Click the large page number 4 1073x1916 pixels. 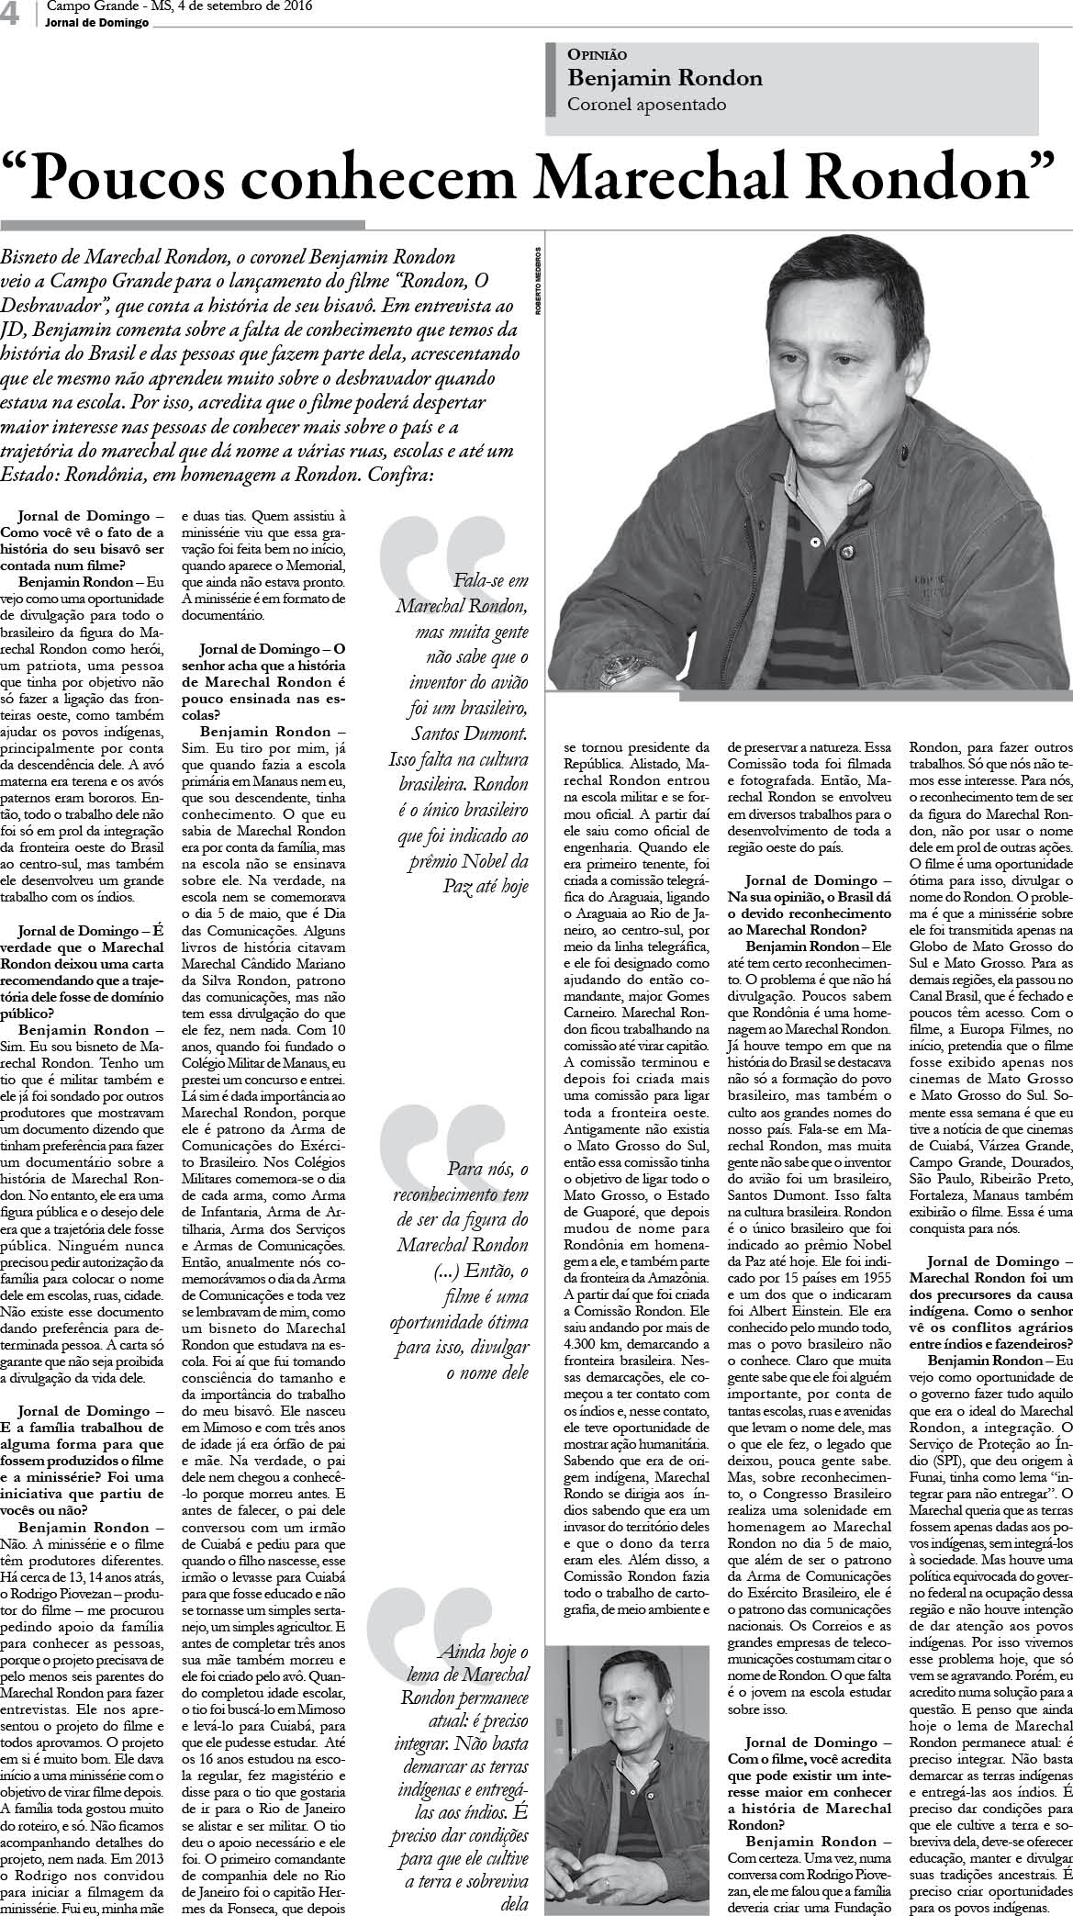[x=12, y=14]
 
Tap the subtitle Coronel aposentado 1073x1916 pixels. [x=647, y=104]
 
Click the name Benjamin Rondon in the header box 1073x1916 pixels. [x=665, y=79]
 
